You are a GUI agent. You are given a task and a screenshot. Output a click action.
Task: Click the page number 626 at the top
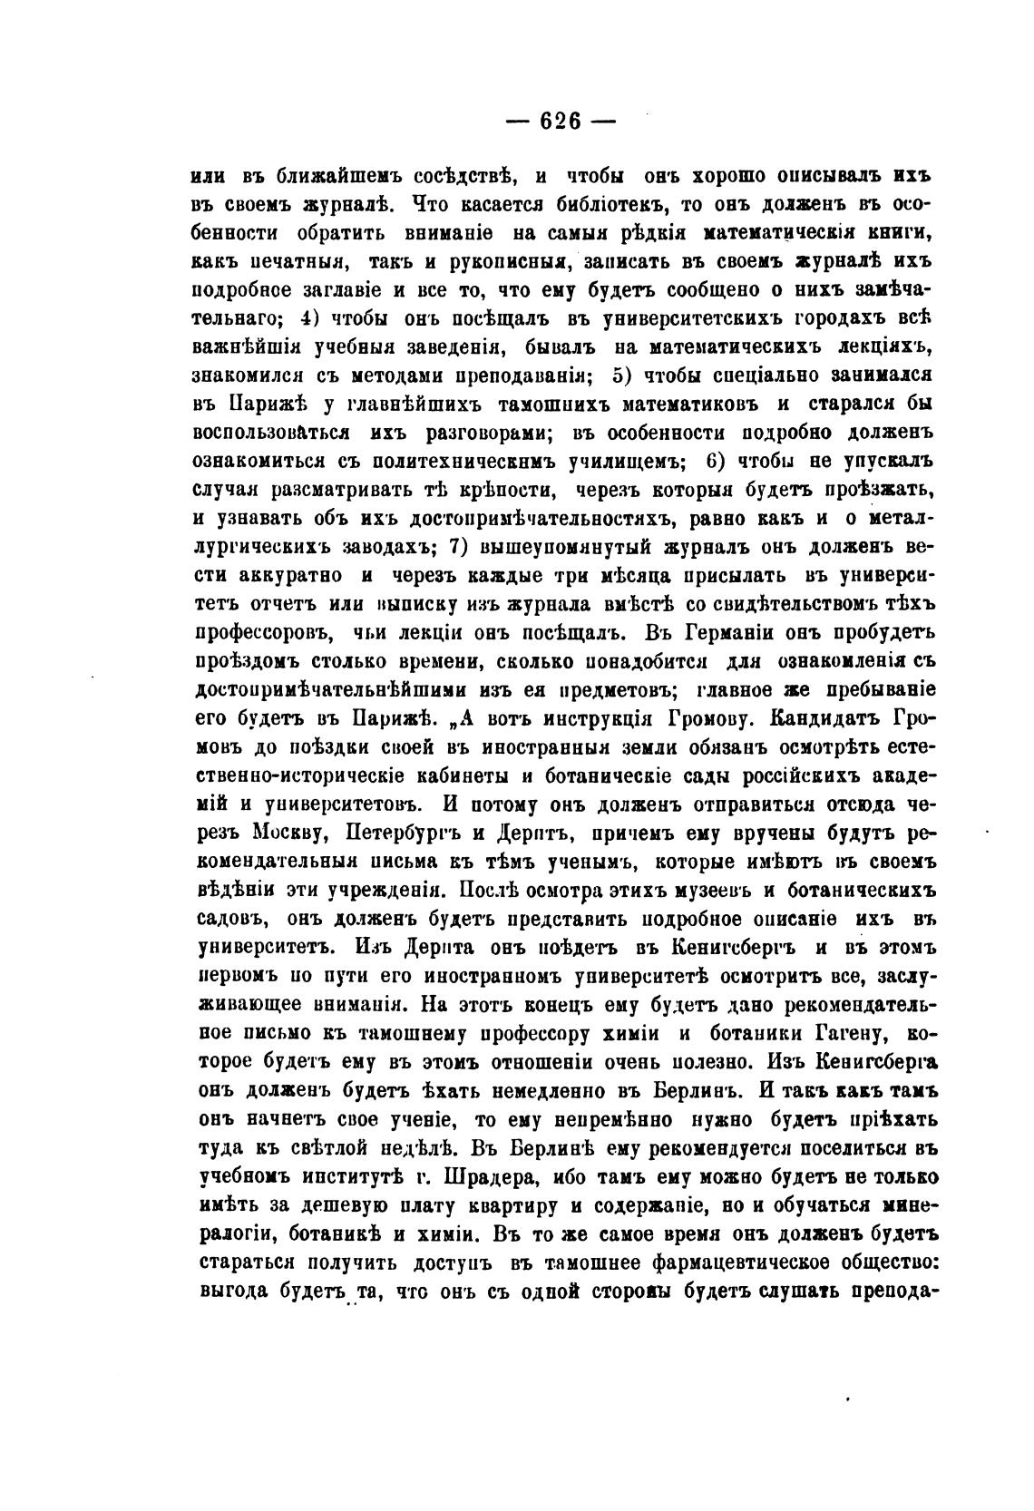pos(559,121)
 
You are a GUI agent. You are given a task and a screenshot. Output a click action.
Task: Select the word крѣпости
pos(502,491)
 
